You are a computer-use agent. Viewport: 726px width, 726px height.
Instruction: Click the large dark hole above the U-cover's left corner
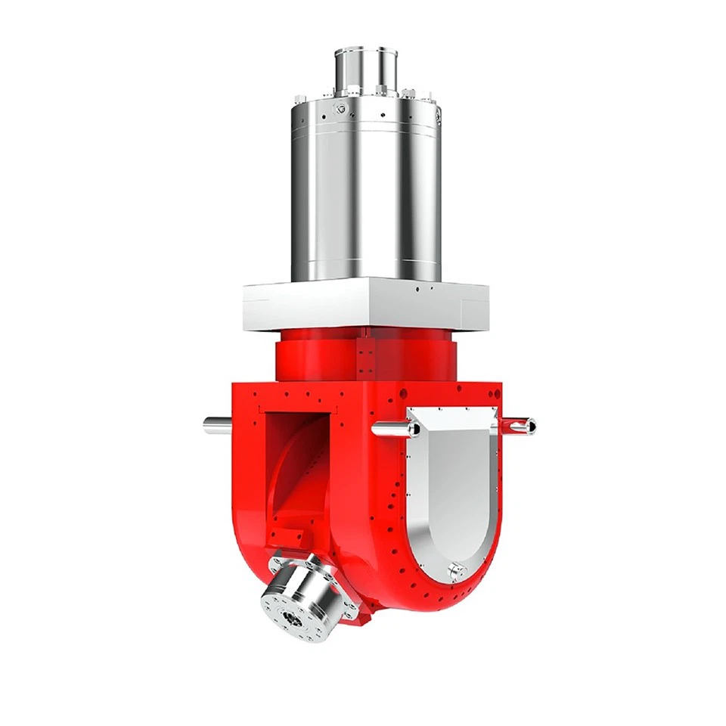point(403,393)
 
